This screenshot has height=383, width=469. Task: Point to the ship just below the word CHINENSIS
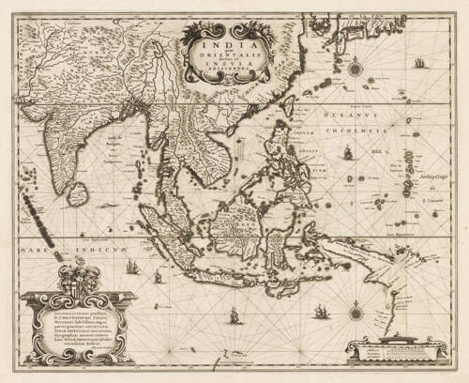tap(347, 152)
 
